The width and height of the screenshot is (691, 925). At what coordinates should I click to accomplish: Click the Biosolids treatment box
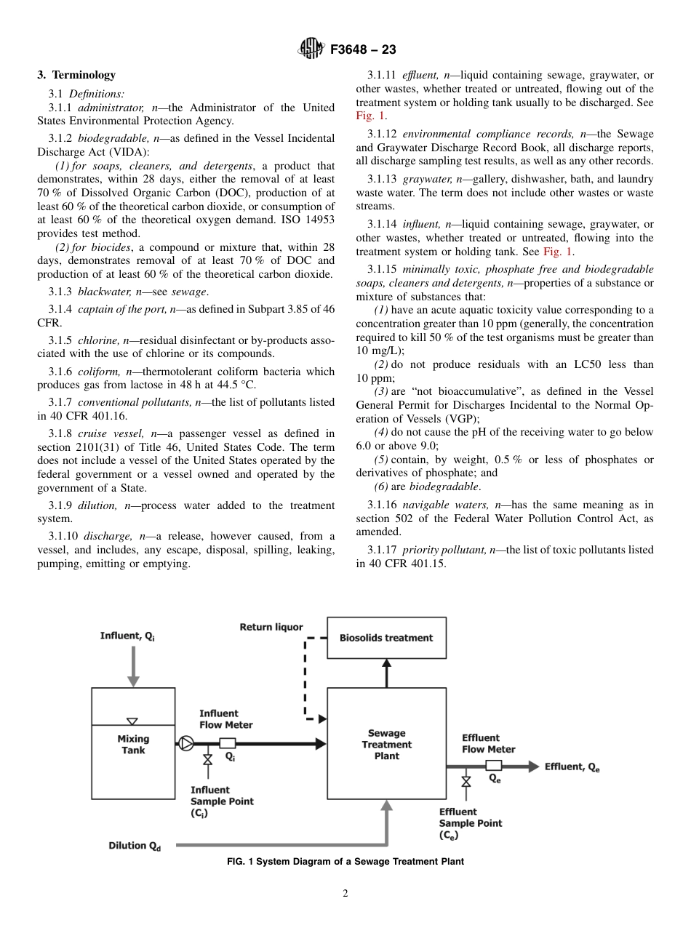point(386,638)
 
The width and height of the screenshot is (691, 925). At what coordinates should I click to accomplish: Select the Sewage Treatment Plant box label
point(386,745)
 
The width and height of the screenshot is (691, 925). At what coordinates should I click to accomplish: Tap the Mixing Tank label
point(133,745)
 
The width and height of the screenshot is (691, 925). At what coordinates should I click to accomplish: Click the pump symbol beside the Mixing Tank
point(185,743)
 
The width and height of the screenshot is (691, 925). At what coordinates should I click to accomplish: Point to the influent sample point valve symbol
point(207,760)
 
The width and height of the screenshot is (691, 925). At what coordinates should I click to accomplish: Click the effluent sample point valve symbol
point(466,781)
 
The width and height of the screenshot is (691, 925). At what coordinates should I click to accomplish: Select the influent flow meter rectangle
point(227,743)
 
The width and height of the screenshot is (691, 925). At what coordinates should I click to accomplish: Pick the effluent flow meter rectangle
point(494,765)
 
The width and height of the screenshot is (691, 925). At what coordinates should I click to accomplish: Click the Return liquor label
point(271,627)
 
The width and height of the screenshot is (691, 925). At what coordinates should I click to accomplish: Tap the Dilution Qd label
point(135,846)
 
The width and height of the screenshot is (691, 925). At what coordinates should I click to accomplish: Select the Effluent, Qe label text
point(572,766)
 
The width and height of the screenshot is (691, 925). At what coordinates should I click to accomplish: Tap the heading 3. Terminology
point(76,75)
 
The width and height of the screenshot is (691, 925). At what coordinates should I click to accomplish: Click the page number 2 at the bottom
point(345,894)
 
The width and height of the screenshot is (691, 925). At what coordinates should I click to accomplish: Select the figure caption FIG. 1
point(345,862)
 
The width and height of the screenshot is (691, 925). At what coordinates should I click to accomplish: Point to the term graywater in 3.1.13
point(426,179)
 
